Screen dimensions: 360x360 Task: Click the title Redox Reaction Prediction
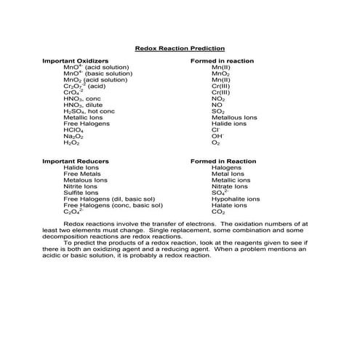point(180,48)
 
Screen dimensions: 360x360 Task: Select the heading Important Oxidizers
point(76,60)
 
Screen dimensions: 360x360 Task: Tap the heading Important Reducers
point(76,161)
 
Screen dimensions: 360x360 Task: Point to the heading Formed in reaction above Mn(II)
point(221,60)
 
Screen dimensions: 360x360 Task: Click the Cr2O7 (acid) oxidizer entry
point(84,86)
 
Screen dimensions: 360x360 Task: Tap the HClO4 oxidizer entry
point(73,130)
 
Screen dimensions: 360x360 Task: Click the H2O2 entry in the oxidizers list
point(71,143)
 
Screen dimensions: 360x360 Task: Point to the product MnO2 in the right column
point(220,73)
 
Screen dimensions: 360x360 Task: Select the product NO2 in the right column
point(217,98)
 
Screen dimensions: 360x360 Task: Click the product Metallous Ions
point(233,117)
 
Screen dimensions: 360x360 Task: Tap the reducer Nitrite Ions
point(81,186)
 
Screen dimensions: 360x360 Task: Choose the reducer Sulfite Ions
point(81,193)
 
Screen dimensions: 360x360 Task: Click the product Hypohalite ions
point(235,199)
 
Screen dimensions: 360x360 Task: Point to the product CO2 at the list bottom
point(217,212)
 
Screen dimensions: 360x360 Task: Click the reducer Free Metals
point(81,174)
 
